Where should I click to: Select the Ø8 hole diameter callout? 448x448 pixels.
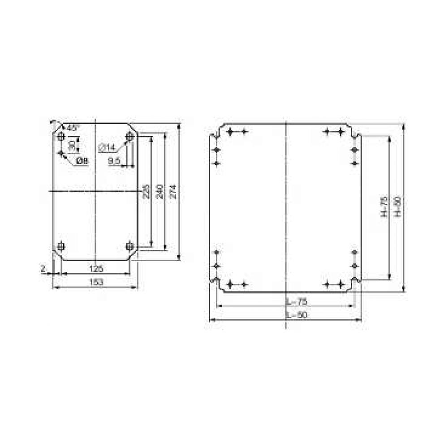click(x=81, y=161)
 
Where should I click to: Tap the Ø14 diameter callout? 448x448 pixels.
click(x=107, y=147)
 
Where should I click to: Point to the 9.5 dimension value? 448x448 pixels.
click(x=114, y=160)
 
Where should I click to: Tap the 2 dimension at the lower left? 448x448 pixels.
click(x=43, y=268)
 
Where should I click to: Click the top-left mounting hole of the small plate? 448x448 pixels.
click(x=61, y=136)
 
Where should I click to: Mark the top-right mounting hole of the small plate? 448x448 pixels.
click(x=129, y=136)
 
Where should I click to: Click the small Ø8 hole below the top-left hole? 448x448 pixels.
click(x=61, y=153)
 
